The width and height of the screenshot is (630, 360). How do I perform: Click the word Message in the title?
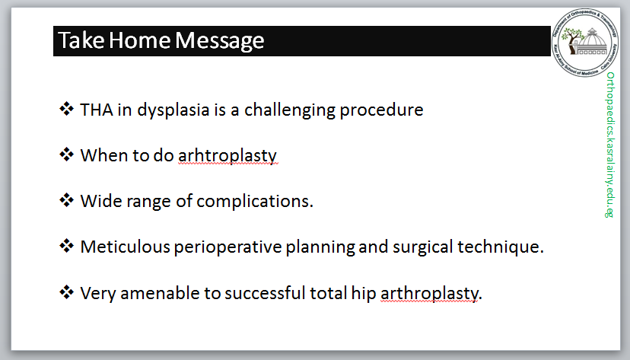point(219,41)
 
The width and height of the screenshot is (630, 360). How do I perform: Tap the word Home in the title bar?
point(139,40)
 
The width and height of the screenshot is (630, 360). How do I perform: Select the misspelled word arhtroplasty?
point(228,156)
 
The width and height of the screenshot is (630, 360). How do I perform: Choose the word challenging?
point(290,110)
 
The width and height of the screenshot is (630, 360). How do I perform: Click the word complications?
point(255,201)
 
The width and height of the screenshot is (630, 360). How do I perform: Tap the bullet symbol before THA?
point(67,109)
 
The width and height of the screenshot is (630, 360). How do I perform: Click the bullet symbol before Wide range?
point(67,199)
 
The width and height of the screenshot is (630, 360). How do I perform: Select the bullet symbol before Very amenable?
point(67,292)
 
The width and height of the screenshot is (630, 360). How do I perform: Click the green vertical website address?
point(610,145)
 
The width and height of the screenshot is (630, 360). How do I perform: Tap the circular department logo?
point(585,43)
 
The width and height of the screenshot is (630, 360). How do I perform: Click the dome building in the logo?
point(590,42)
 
